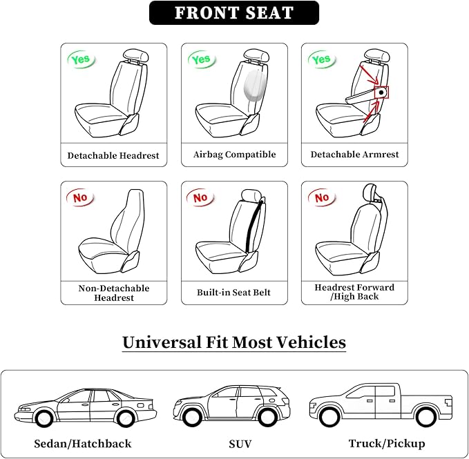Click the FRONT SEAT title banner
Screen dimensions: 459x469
click(x=234, y=13)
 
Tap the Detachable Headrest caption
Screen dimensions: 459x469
click(x=113, y=155)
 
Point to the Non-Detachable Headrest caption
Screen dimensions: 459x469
click(x=113, y=293)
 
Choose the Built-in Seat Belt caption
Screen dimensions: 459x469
click(x=234, y=293)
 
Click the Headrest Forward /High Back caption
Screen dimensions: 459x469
click(x=354, y=292)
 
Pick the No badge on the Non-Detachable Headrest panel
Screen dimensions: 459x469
click(x=81, y=198)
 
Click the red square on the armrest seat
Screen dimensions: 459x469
click(x=381, y=92)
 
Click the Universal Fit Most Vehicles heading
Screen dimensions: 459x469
click(x=234, y=342)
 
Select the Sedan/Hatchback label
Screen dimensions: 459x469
click(x=82, y=443)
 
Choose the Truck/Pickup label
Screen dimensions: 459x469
click(x=387, y=443)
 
